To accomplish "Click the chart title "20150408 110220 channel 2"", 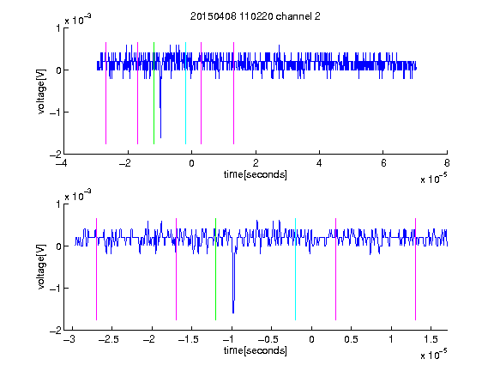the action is click(x=256, y=16).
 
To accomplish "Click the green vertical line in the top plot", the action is click(x=154, y=93).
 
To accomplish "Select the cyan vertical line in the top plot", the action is click(x=185, y=93).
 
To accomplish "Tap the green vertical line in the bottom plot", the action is click(x=215, y=269).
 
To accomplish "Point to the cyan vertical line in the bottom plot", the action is click(x=295, y=269).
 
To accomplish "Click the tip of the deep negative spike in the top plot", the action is click(x=160, y=137).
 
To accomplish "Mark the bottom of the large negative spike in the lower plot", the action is click(x=233, y=313).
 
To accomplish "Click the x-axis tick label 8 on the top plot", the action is click(x=447, y=163).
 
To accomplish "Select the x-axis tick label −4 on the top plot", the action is click(x=61, y=163).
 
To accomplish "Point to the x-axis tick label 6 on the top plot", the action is click(x=383, y=163).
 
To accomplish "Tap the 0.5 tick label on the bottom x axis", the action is click(x=352, y=339).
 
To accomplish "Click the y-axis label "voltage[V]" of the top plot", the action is click(x=41, y=91).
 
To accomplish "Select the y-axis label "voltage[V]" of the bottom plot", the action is click(x=41, y=267).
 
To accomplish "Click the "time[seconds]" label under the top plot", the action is click(x=256, y=174).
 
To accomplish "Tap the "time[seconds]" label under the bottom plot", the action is click(x=256, y=350).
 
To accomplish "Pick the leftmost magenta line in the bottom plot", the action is click(x=96, y=269).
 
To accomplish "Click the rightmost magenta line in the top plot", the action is click(x=233, y=93).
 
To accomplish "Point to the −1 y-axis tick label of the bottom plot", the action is click(x=55, y=288).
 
